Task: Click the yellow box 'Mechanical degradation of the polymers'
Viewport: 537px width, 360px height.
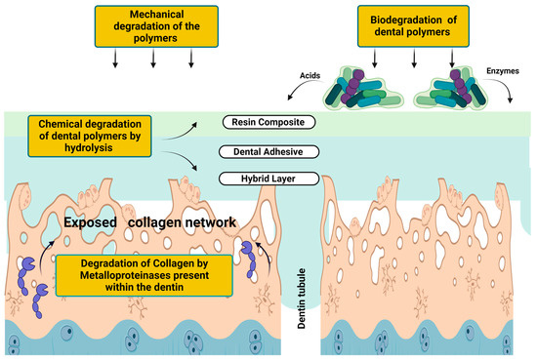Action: click(x=154, y=24)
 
